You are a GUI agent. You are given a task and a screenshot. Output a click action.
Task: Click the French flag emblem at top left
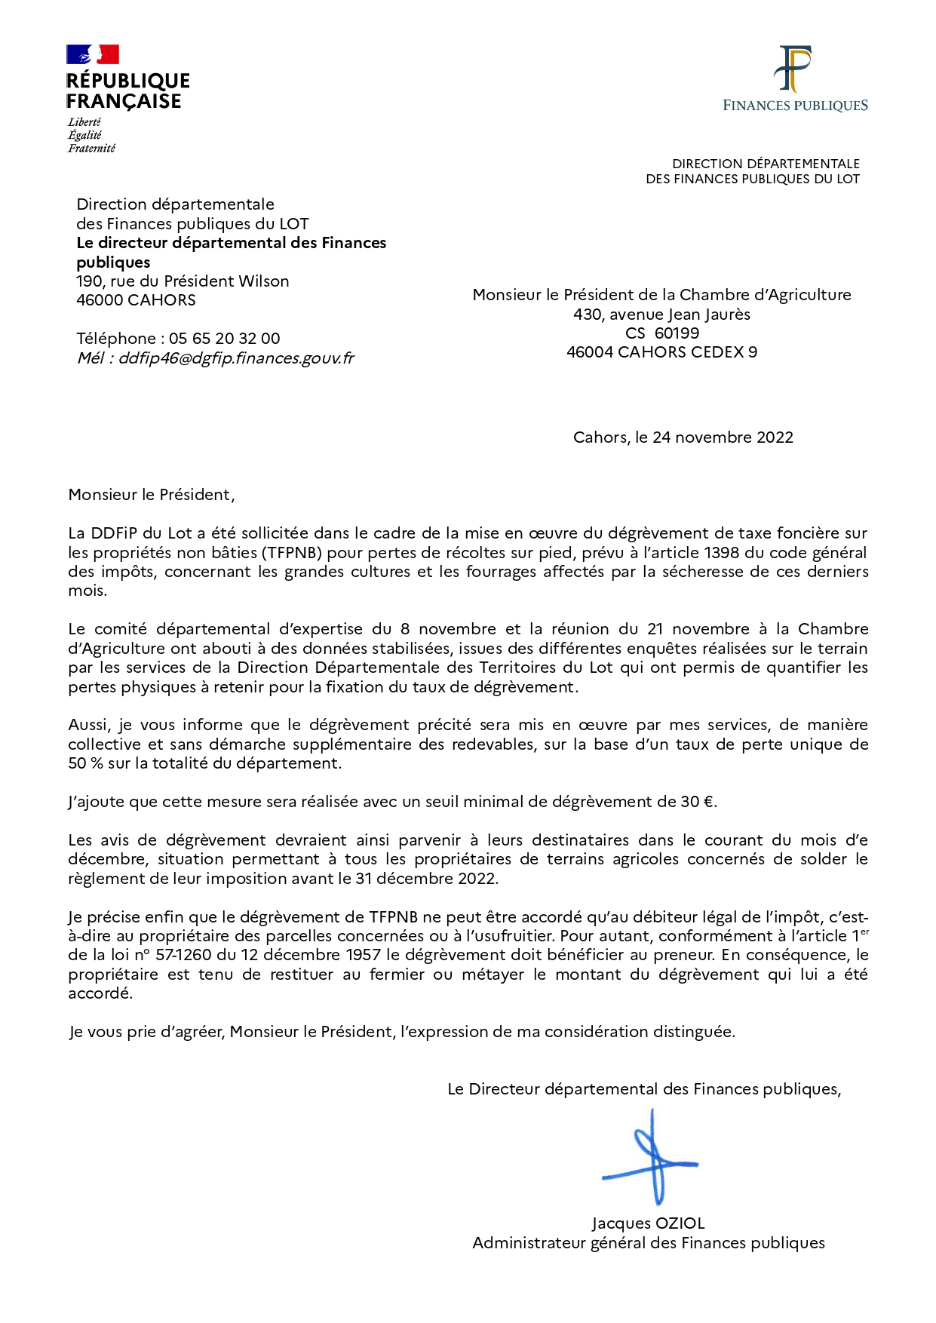[x=93, y=54]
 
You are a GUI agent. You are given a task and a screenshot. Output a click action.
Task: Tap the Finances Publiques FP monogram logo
[x=794, y=69]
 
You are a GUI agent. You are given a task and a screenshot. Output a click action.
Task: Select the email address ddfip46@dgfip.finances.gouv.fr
[x=235, y=358]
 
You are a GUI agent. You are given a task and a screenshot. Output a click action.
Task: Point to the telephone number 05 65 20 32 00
[x=224, y=339]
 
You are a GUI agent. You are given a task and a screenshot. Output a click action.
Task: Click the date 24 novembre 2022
[x=723, y=437]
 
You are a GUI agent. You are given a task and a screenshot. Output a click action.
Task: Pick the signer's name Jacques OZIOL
[x=648, y=1223]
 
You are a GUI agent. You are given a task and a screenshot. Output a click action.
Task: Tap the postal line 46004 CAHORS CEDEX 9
[x=661, y=352]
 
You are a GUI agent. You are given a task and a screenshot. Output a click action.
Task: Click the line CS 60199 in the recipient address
[x=661, y=333]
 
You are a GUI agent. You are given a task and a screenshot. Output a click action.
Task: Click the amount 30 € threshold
[x=697, y=802]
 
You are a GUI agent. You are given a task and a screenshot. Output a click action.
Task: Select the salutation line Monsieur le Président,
[x=152, y=495]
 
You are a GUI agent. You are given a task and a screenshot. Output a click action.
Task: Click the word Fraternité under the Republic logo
[x=91, y=149]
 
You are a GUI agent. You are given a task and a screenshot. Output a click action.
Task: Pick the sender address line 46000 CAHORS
[x=136, y=300]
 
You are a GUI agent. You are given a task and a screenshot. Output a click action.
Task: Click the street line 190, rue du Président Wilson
[x=183, y=281]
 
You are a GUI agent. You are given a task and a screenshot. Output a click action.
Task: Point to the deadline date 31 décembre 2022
[x=426, y=879]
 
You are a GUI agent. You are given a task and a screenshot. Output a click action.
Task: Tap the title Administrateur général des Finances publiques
[x=648, y=1243]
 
